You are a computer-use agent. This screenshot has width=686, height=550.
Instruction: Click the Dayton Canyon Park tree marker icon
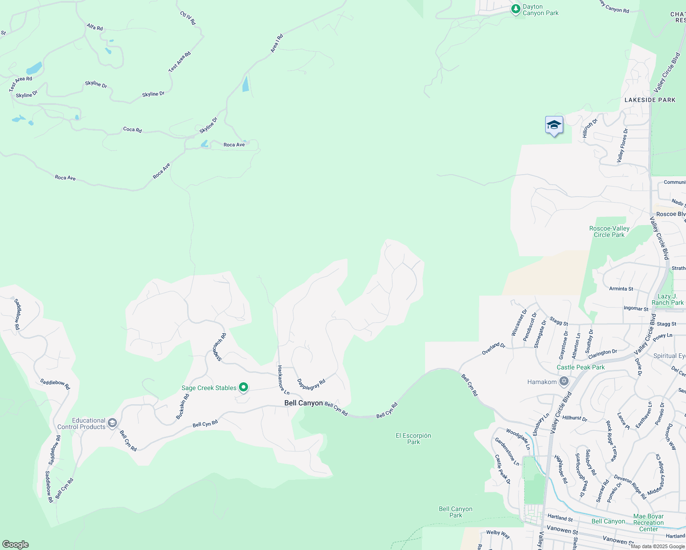[516, 9]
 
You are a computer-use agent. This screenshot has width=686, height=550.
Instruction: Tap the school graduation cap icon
[554, 125]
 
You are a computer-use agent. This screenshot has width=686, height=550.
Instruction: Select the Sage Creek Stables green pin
[243, 388]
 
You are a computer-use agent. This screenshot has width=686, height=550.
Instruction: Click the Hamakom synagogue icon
[564, 382]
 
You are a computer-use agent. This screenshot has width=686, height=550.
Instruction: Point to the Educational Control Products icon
[112, 423]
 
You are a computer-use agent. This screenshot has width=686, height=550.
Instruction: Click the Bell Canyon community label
[304, 403]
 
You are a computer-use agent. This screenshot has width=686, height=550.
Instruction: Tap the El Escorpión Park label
[413, 439]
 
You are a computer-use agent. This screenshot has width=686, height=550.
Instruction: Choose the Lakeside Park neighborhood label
[650, 100]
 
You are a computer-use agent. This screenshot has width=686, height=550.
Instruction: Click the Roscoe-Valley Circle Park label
[609, 231]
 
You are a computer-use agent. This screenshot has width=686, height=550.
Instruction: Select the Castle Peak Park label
[581, 367]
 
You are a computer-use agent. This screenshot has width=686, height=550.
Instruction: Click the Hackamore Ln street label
[282, 379]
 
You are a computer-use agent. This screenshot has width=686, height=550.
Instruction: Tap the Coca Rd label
[132, 130]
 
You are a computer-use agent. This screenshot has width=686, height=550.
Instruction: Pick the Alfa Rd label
[94, 27]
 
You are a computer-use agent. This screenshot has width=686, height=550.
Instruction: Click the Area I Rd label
[277, 43]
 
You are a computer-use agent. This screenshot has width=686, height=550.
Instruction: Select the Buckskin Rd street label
[183, 407]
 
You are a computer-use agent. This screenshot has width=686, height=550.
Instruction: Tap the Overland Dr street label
[493, 348]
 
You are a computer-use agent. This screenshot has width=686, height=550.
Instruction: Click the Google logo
[16, 544]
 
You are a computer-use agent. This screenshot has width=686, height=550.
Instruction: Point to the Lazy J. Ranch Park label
[667, 299]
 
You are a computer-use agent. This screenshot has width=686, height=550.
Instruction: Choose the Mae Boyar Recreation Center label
[648, 522]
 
